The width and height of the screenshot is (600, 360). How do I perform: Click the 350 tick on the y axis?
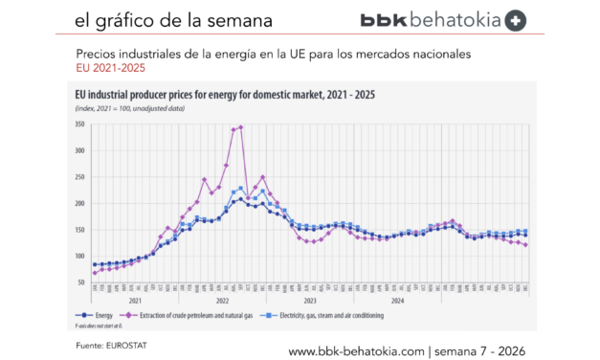coord(78,124)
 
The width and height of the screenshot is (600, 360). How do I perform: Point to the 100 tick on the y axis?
coord(78,256)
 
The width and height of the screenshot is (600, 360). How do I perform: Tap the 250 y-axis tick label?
coord(78,177)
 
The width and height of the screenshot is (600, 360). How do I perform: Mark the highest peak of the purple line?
coord(240,126)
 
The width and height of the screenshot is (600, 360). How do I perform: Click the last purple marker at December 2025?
coord(525,245)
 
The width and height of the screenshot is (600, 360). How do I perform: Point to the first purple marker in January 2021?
coord(94,273)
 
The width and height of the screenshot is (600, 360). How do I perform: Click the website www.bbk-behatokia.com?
coord(353,350)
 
